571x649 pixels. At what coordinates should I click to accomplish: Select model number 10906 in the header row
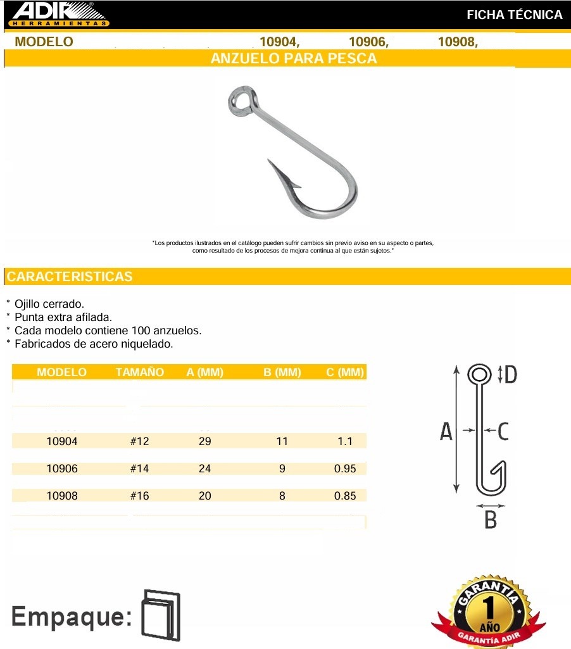tap(368, 42)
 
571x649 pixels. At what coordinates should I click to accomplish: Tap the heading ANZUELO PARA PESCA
tap(293, 59)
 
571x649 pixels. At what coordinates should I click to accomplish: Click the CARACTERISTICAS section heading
tap(70, 277)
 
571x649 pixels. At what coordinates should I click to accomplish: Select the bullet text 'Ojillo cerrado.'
tap(49, 304)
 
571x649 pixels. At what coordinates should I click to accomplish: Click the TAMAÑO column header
tap(140, 372)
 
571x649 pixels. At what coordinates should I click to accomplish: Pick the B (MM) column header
tap(282, 372)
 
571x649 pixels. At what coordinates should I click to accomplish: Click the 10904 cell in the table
tap(62, 441)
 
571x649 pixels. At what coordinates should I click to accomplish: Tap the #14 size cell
tap(139, 469)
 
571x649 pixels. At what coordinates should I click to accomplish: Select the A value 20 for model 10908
tap(205, 496)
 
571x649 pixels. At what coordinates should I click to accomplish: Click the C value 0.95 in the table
tap(345, 469)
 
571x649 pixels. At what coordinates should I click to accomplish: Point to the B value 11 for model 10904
tap(282, 441)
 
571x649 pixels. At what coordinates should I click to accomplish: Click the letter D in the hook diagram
tap(510, 375)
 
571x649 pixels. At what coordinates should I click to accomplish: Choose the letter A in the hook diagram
tap(446, 432)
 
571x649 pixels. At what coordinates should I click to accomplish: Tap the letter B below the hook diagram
tap(491, 520)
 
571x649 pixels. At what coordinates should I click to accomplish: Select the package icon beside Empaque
tap(161, 615)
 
